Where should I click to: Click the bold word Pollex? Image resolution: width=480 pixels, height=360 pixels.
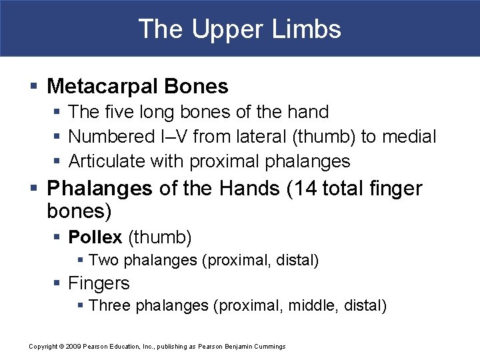95,237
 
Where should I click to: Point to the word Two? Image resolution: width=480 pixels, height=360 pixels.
101,260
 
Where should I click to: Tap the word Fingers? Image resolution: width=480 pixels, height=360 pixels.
99,283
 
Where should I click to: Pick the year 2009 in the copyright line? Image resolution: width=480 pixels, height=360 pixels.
74,346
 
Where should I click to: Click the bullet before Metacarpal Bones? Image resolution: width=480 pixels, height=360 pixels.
33,87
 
